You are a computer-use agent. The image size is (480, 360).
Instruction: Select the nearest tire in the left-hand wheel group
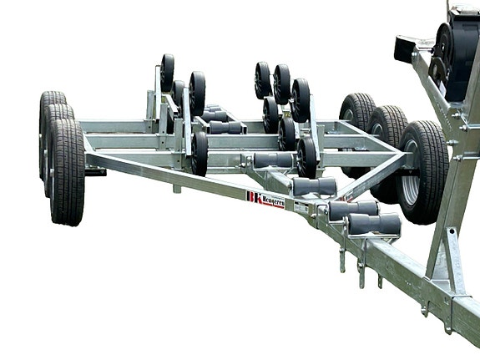click(x=66, y=170)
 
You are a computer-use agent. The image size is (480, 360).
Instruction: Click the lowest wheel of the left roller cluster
click(x=200, y=153)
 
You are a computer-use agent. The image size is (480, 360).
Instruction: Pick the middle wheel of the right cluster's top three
click(x=282, y=84)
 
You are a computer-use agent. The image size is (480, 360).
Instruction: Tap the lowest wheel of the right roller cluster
click(x=306, y=155)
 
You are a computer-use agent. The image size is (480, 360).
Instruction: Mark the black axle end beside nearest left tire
click(x=95, y=172)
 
